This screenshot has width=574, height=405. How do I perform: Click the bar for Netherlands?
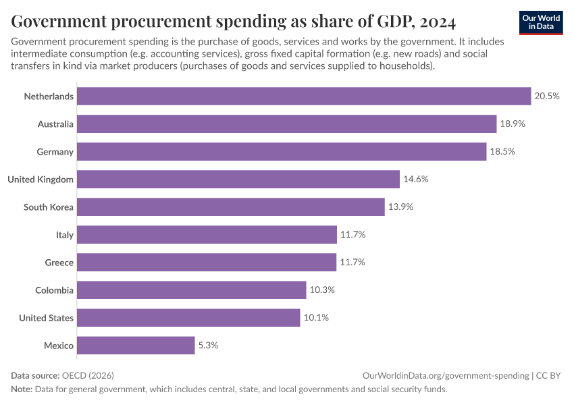[x=304, y=97]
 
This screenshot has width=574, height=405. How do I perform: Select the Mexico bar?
[x=136, y=346]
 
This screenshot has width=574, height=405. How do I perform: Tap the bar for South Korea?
[x=230, y=207]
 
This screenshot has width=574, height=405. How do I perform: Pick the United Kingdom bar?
[x=238, y=180]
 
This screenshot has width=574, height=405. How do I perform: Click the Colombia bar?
[x=191, y=290]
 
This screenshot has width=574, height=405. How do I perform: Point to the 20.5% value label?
[x=547, y=97]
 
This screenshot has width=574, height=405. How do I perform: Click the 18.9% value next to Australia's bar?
[x=513, y=124]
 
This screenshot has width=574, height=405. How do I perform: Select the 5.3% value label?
[x=208, y=346]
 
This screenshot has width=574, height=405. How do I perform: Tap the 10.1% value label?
[x=315, y=318]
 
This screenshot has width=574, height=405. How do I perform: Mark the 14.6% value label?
[x=415, y=180]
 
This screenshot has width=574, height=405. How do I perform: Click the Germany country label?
[x=55, y=152]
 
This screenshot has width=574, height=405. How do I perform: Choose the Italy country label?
[x=65, y=235]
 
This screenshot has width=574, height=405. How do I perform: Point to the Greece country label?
[x=59, y=263]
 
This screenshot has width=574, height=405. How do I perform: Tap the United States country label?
[x=47, y=318]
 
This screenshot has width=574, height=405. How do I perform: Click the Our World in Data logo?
[x=541, y=22]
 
